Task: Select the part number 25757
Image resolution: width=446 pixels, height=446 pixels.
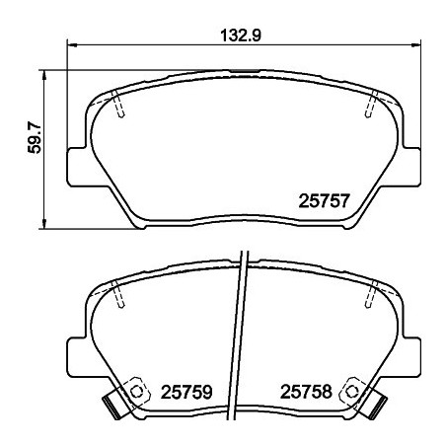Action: click(x=325, y=199)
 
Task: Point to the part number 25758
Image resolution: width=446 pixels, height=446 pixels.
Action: click(x=309, y=391)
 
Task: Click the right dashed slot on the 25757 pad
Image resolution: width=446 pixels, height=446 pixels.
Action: click(x=373, y=104)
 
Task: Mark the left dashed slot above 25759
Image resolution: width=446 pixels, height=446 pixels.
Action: click(x=117, y=293)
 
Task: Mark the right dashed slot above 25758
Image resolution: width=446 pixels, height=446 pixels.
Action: click(x=373, y=293)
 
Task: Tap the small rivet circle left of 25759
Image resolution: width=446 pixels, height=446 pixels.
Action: click(x=136, y=387)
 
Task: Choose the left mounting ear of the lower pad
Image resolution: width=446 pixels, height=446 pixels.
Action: click(x=75, y=353)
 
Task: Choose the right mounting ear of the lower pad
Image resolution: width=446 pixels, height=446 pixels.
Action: click(x=415, y=353)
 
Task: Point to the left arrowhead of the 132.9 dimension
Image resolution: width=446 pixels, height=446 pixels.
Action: click(x=71, y=44)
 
